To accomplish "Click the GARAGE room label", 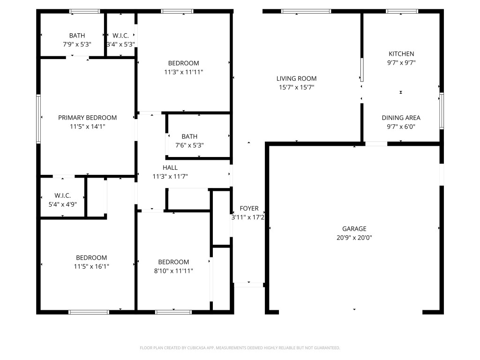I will tap(354, 229).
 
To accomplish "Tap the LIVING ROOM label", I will tap(296, 79).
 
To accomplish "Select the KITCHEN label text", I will tap(401, 54).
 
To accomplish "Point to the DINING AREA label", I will tap(401, 118).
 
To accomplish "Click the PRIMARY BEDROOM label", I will tap(87, 118).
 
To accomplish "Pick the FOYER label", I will tap(249, 209).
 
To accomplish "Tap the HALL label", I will tap(170, 167).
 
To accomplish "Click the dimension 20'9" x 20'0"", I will tap(354, 238).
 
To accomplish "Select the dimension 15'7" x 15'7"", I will tap(296, 87).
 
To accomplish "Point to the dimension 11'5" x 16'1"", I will tap(91, 266).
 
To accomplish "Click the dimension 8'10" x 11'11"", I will tap(173, 270).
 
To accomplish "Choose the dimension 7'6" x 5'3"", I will tap(189, 145).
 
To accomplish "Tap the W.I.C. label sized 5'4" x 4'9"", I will tap(62, 195).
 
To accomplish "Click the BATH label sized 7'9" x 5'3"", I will tap(77, 36).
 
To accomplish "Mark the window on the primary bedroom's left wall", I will tap(38, 119).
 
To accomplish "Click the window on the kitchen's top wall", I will tap(402, 11).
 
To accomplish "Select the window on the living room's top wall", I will tap(306, 11).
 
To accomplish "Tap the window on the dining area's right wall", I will tap(441, 111).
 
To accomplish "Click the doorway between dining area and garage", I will tap(376, 144).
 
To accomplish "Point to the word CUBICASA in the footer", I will tap(192, 348).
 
